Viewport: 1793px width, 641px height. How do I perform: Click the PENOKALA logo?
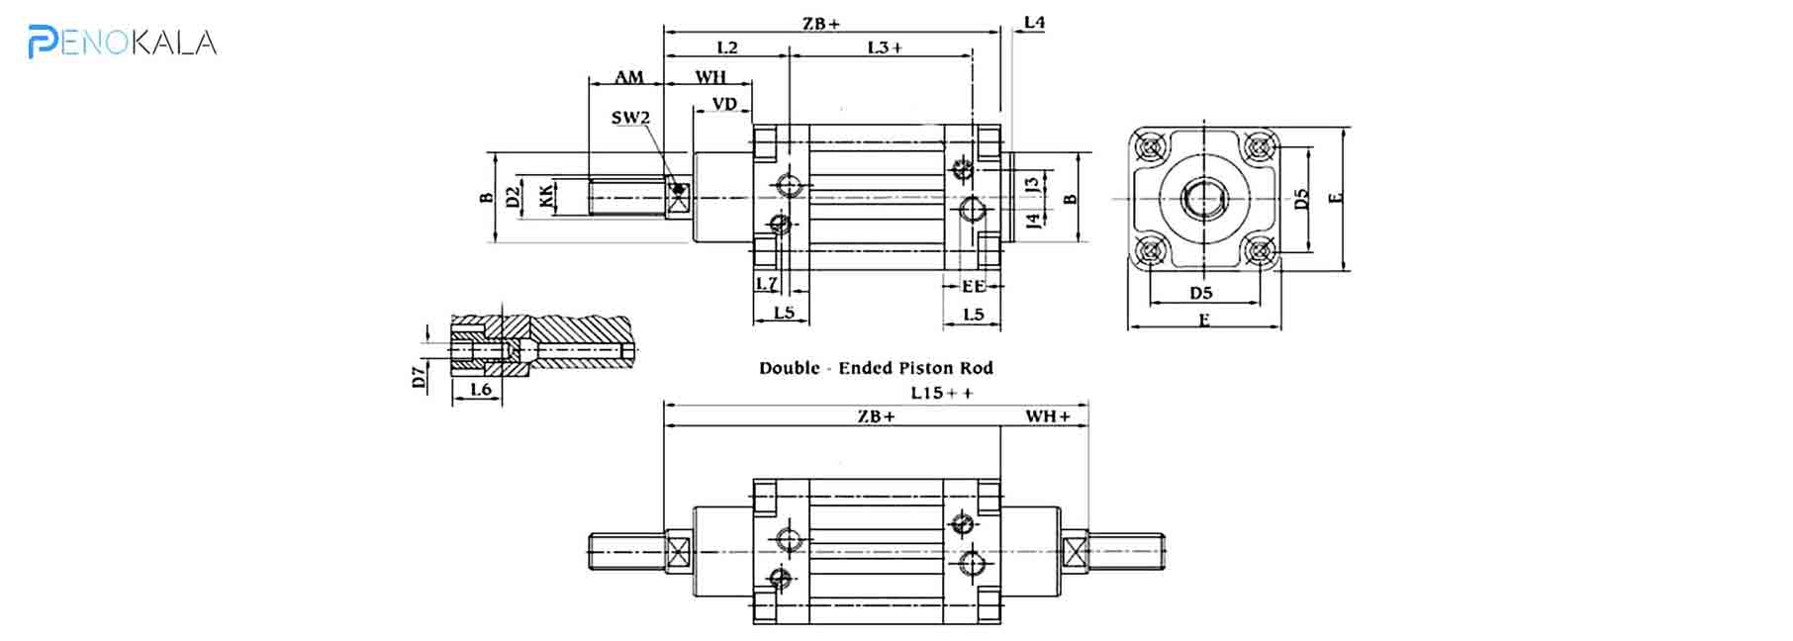pos(122,42)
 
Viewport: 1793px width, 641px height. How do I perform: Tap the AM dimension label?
pos(628,77)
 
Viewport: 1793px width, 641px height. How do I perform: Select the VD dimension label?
pos(724,104)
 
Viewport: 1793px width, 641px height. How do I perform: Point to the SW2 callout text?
pos(630,118)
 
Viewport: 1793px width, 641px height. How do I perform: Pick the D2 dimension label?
pos(513,196)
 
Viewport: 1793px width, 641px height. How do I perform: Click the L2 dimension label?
pos(726,47)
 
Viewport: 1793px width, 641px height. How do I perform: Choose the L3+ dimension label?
pos(885,47)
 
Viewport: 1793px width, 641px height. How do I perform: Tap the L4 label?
pos(1034,22)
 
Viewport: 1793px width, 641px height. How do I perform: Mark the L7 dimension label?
pos(767,284)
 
